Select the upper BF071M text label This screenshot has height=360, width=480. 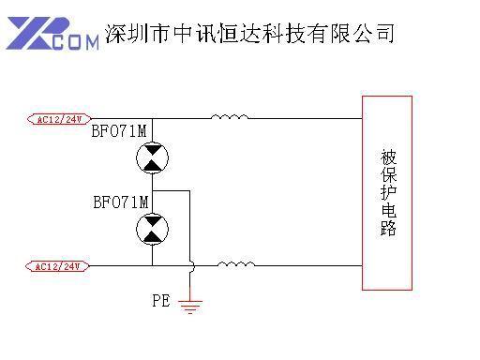click(x=120, y=130)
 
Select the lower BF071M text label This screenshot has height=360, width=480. click(x=120, y=202)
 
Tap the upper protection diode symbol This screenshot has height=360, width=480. click(x=152, y=158)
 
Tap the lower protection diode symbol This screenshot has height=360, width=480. click(x=152, y=229)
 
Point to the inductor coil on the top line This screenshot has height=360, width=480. click(x=229, y=117)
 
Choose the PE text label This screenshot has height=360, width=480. click(x=161, y=301)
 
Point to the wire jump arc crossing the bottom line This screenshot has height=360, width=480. click(x=190, y=266)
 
